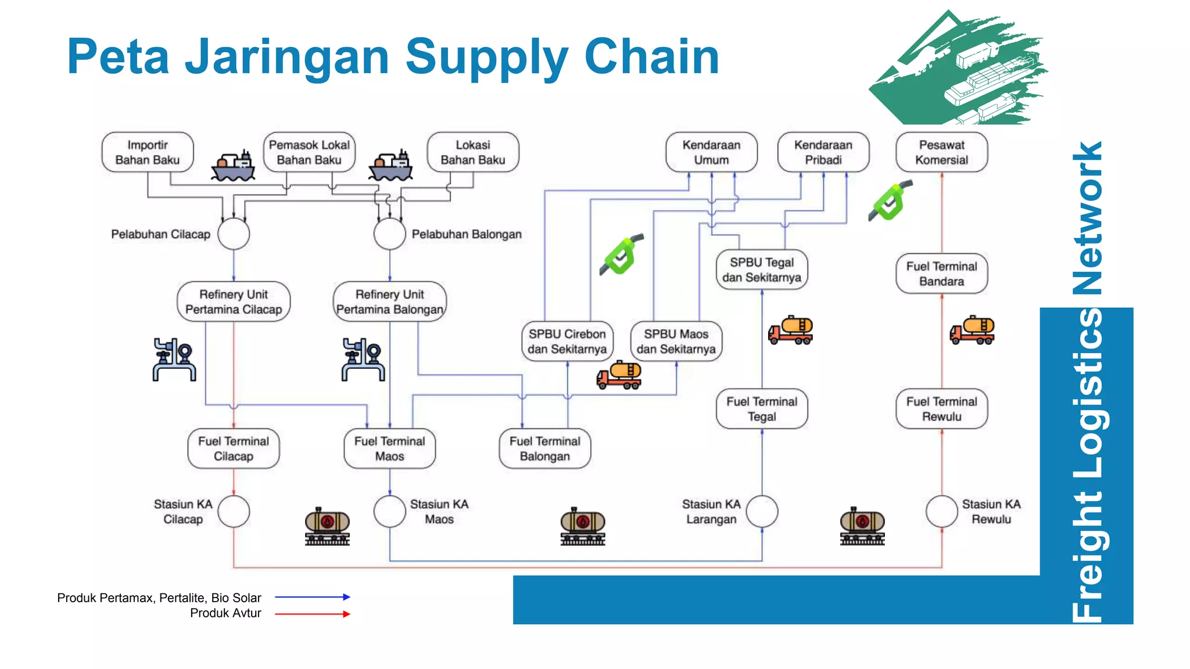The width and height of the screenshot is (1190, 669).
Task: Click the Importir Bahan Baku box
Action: (x=147, y=152)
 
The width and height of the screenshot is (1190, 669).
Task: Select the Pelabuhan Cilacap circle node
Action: (x=234, y=234)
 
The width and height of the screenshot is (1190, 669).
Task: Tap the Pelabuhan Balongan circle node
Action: (x=389, y=234)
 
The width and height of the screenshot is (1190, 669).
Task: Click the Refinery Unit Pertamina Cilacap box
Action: (x=234, y=301)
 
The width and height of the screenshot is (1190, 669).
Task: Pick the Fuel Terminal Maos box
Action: (x=389, y=448)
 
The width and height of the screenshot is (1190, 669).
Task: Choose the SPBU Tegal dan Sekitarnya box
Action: (x=761, y=269)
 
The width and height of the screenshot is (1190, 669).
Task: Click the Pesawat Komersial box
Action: (x=941, y=152)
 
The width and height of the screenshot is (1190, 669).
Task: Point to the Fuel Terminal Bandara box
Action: (x=941, y=274)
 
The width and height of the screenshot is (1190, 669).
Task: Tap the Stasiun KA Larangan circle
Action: (x=762, y=511)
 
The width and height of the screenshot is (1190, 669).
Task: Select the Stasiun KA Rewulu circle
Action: (x=941, y=511)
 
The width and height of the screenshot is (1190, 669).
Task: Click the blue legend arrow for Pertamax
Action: (x=312, y=597)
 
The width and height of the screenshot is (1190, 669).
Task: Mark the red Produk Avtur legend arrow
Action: (x=312, y=614)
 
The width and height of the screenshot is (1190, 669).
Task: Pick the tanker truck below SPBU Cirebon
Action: (x=619, y=375)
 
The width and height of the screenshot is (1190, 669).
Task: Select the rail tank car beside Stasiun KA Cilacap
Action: (x=327, y=526)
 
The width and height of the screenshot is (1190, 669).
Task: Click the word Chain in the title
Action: (x=651, y=56)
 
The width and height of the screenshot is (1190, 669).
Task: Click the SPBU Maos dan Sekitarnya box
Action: (x=676, y=341)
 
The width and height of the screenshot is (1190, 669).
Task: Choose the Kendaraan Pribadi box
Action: (x=823, y=152)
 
